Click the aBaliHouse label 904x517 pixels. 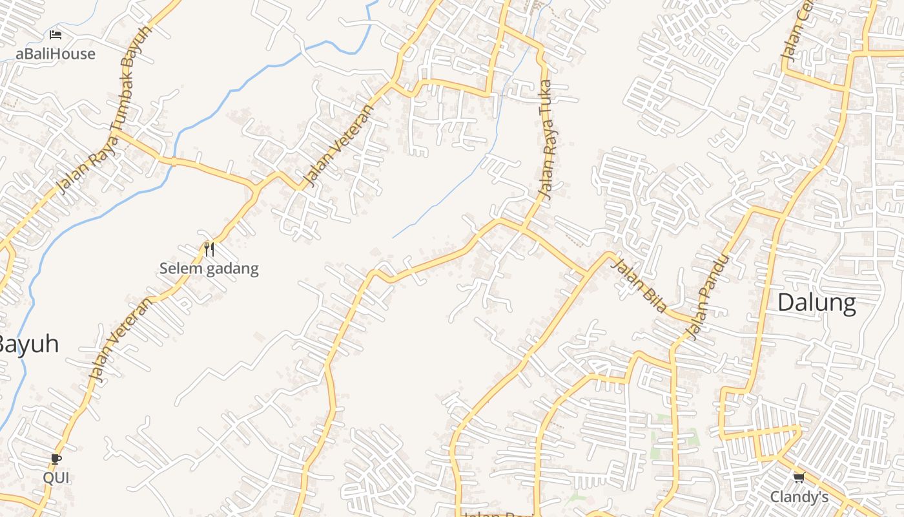point(56,54)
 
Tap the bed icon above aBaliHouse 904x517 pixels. point(56,34)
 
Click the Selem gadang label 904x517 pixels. point(209,269)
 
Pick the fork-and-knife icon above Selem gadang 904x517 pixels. point(209,249)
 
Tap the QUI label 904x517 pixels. point(56,478)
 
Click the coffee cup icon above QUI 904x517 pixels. point(56,459)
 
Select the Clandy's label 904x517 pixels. point(799,497)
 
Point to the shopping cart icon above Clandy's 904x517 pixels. point(799,478)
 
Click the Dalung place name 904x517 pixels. point(817,302)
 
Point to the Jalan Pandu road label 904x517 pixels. point(709,296)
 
